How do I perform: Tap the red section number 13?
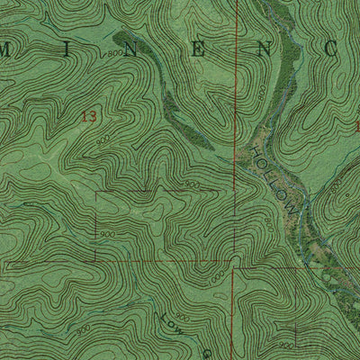pos(87,116)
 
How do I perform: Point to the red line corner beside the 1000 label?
pos(232,267)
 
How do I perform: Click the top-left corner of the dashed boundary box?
pos(96,192)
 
